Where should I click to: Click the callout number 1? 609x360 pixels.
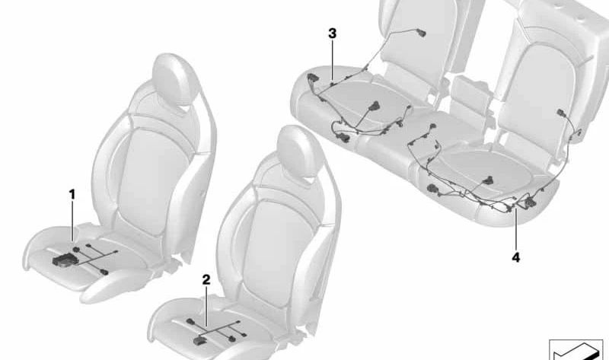click(x=72, y=195)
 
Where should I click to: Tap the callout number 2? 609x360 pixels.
click(x=206, y=279)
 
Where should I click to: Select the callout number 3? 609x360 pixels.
click(x=332, y=33)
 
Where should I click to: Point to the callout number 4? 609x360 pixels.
click(x=516, y=257)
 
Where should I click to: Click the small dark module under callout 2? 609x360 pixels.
click(x=199, y=340)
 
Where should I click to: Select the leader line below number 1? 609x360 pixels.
click(x=72, y=221)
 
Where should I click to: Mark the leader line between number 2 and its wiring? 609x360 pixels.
click(x=206, y=307)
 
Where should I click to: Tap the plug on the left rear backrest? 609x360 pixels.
click(x=421, y=33)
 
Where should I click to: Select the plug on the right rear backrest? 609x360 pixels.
click(x=562, y=113)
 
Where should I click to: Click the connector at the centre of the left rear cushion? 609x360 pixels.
click(x=375, y=107)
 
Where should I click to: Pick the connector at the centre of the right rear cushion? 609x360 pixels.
click(x=487, y=180)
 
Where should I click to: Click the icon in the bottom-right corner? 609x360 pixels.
click(x=576, y=349)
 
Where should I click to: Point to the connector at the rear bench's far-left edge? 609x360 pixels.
click(x=312, y=78)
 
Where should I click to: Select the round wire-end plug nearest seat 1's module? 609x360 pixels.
click(x=77, y=248)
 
